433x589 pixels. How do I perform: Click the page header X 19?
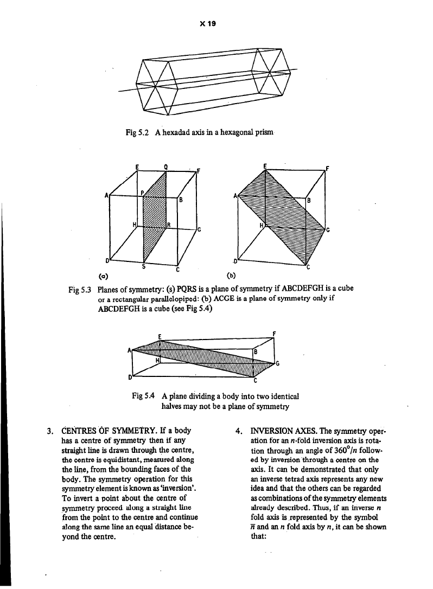click(x=215, y=24)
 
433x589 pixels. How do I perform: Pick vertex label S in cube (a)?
click(x=143, y=265)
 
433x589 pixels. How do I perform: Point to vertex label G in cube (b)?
click(x=328, y=230)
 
